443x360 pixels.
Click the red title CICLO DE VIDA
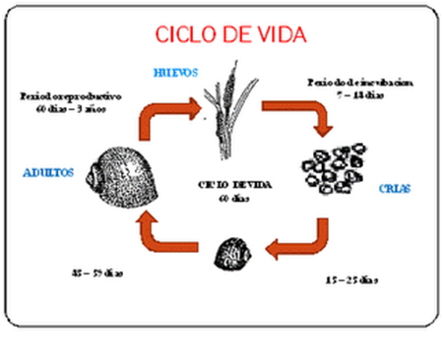coord(231,34)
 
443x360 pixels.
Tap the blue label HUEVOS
coord(177,73)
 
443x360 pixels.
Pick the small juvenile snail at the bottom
coord(232,252)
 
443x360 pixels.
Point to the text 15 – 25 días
coord(350,280)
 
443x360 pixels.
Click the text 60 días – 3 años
coord(71,108)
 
